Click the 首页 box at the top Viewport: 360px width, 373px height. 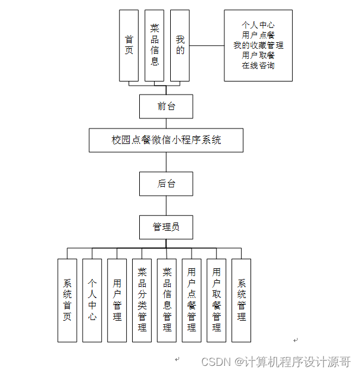tap(129, 45)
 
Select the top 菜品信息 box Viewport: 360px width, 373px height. tap(154, 45)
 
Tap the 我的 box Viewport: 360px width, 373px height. tap(180, 45)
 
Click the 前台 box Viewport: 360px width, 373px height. tap(166, 106)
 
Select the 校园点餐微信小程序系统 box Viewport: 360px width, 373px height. tap(166, 140)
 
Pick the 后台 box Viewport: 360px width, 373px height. tap(166, 184)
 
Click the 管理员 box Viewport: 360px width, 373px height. tap(166, 227)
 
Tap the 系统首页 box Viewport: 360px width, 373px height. tap(67, 300)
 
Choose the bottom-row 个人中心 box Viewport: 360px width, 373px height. tap(92, 300)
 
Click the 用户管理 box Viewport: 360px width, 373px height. tap(117, 300)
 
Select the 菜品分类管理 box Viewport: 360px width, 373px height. tap(142, 300)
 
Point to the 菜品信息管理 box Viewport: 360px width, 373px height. tap(167, 300)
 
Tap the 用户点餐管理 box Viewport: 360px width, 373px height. tap(192, 300)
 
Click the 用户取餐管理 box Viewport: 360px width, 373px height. tap(217, 300)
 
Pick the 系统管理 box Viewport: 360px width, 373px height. tap(241, 300)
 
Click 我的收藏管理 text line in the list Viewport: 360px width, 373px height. tap(258, 45)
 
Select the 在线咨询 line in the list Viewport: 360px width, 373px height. tap(258, 65)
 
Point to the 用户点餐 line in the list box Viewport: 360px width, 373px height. tap(258, 35)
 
